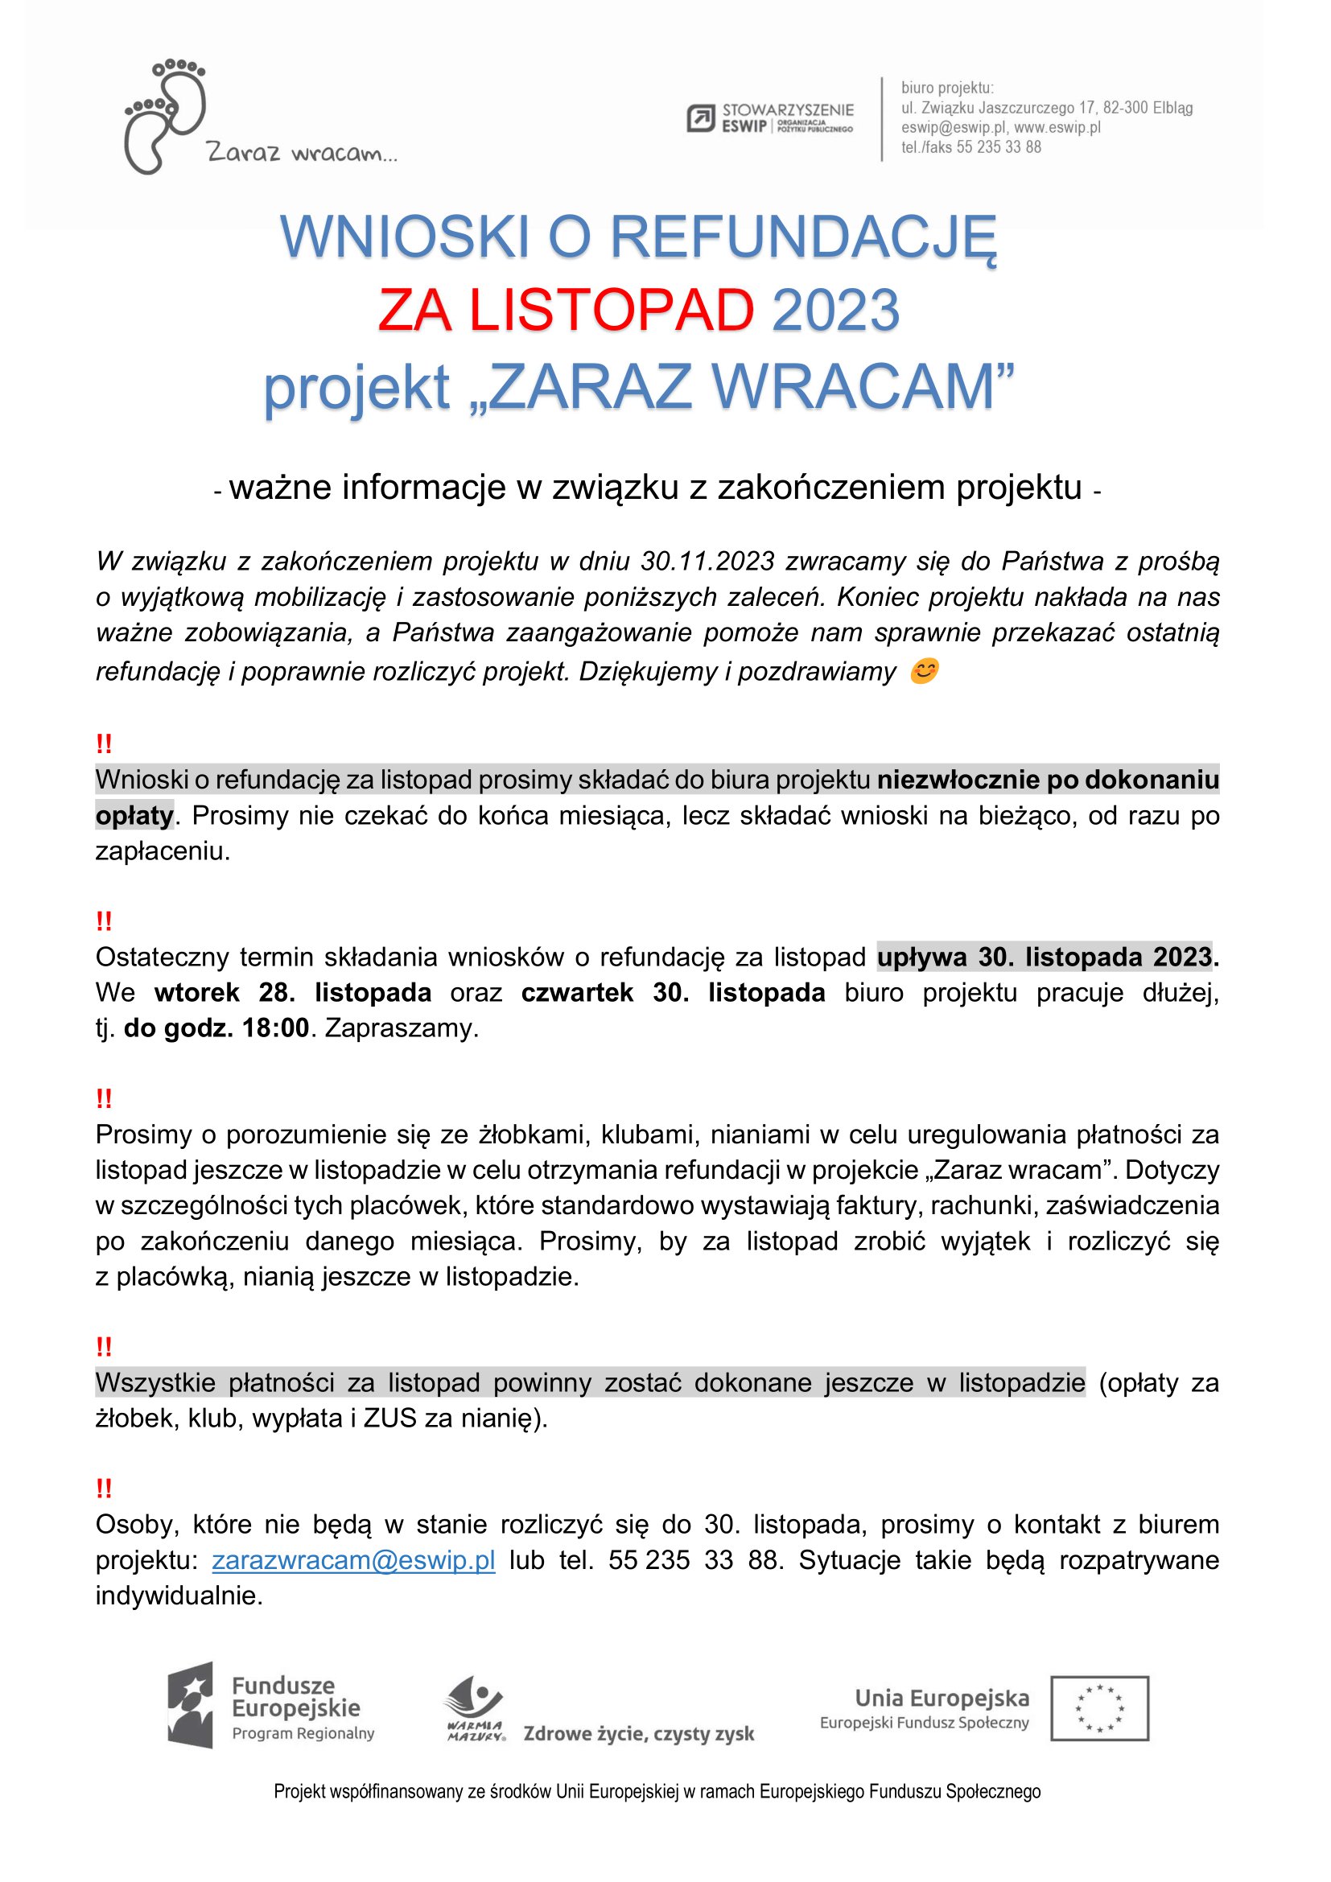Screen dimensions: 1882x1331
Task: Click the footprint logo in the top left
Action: click(164, 116)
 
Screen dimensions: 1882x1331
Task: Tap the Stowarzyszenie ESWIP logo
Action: click(769, 118)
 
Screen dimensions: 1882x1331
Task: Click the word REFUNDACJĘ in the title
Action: click(803, 237)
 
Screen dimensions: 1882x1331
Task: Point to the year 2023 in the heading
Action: click(835, 311)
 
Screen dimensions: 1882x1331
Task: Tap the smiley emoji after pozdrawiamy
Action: click(924, 671)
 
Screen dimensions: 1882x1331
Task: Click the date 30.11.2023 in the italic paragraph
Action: click(707, 562)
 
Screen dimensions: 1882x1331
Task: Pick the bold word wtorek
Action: click(196, 993)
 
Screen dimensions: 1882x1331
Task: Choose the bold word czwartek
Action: click(577, 993)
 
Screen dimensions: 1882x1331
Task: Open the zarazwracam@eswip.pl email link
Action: click(353, 1560)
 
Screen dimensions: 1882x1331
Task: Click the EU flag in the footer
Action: click(1099, 1708)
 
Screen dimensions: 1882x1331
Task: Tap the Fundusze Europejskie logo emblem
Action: click(191, 1706)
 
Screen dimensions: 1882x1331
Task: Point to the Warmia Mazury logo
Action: click(475, 1708)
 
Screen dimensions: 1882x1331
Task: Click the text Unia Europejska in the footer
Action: click(942, 1698)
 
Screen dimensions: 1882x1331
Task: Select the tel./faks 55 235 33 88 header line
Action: click(970, 147)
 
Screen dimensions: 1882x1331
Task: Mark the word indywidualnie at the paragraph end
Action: click(178, 1595)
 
